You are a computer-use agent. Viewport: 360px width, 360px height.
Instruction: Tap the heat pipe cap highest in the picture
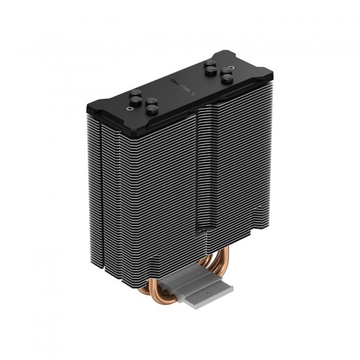tap(211, 64)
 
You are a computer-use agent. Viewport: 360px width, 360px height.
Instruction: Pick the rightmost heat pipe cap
tap(226, 78)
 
